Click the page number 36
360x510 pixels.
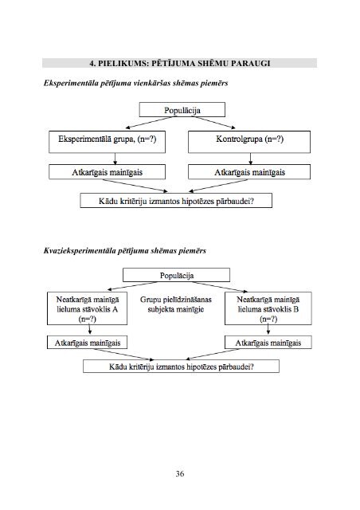[x=180, y=473]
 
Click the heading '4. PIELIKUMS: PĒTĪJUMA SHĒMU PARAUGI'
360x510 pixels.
[x=180, y=63]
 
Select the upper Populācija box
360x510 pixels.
[x=182, y=110]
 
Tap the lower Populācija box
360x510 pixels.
[x=176, y=275]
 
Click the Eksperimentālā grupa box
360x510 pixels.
[x=107, y=142]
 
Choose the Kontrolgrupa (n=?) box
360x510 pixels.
[x=249, y=142]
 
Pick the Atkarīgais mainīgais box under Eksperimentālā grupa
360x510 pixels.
[x=107, y=172]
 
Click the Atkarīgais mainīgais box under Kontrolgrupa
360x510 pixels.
[x=249, y=172]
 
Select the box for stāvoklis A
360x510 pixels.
[x=87, y=308]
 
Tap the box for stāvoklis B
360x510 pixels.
[x=268, y=308]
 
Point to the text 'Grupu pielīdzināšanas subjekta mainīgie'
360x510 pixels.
[x=175, y=304]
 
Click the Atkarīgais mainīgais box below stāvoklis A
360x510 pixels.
[x=87, y=343]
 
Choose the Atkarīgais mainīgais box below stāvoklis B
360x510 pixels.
[x=268, y=343]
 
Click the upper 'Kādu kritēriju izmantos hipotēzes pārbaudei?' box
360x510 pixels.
[x=176, y=201]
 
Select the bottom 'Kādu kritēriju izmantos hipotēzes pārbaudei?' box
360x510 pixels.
[x=181, y=367]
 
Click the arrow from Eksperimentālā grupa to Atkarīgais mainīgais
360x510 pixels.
[x=115, y=159]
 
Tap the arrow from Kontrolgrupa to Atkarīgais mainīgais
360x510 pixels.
[x=250, y=159]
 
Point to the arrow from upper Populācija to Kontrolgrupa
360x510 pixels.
[x=215, y=123]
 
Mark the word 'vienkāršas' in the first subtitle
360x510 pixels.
[x=151, y=83]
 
